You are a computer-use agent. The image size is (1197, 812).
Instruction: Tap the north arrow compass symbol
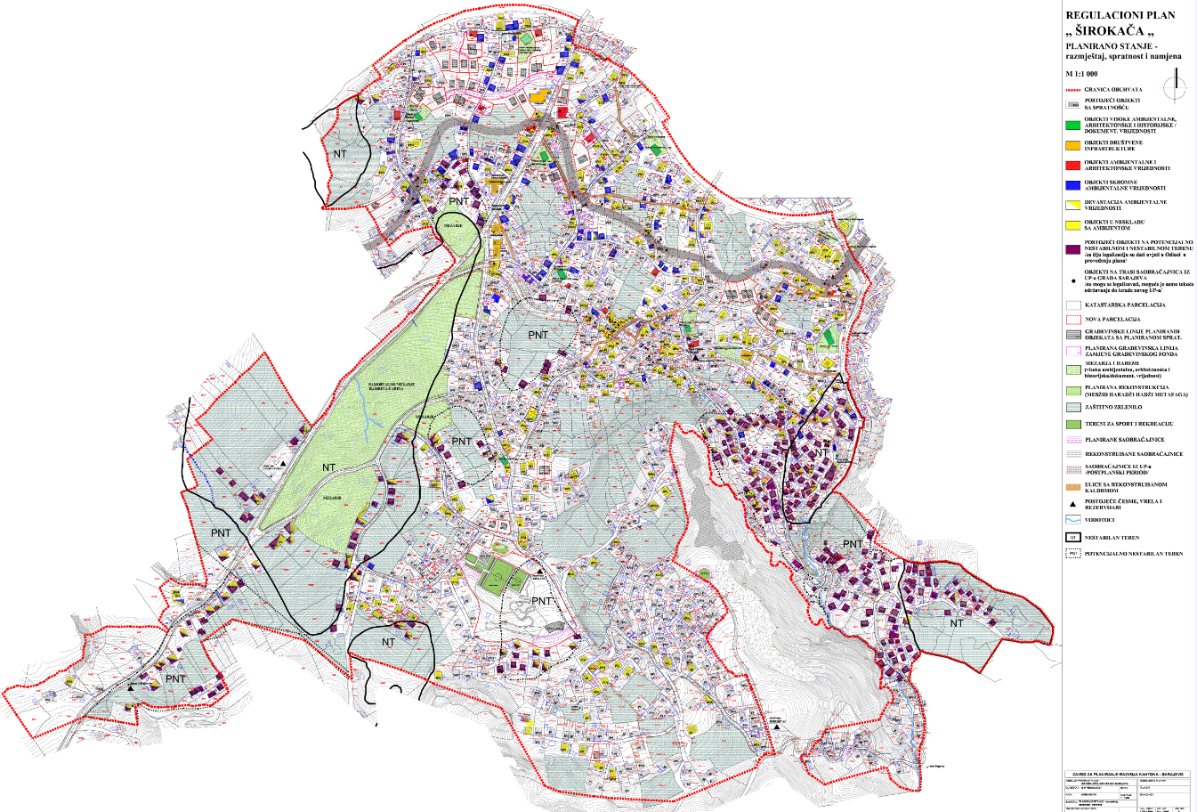click(x=1180, y=86)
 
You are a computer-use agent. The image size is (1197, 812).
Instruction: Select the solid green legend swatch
click(x=1072, y=124)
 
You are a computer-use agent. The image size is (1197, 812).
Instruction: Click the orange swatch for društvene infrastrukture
click(x=1072, y=145)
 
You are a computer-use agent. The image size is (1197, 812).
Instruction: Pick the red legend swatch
click(x=1072, y=166)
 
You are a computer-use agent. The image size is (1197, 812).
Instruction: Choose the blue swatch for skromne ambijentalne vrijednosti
click(x=1072, y=185)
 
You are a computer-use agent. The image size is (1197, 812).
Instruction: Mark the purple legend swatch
click(x=1072, y=250)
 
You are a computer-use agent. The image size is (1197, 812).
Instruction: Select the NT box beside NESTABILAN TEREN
click(x=1072, y=538)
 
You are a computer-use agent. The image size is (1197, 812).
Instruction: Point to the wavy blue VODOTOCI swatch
click(x=1072, y=519)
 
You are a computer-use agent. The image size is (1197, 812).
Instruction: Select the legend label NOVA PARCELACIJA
click(x=1112, y=319)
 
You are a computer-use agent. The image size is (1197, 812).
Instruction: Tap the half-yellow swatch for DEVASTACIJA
click(x=1072, y=205)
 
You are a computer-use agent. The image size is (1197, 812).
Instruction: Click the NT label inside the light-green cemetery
click(x=329, y=467)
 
